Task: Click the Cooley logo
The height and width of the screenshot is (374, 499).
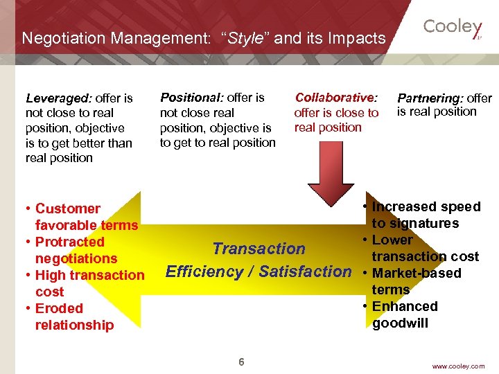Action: pos(453,28)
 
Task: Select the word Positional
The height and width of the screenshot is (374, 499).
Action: pos(189,98)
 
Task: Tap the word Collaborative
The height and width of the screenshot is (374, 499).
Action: pos(335,98)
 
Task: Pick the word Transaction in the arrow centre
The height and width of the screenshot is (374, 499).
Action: pos(259,249)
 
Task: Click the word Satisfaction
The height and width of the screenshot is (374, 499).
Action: pos(305,271)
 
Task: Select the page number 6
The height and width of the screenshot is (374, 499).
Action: pos(241,362)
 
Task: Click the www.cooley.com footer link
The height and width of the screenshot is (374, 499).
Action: pos(458,366)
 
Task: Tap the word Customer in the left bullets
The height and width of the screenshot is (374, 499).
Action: pos(67,208)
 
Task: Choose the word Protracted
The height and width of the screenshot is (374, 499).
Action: pos(69,242)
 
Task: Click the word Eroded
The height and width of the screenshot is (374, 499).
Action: pos(59,308)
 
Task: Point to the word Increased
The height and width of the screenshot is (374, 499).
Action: pos(405,206)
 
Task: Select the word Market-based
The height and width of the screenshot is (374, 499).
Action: pos(417,273)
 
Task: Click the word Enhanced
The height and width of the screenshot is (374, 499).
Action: pos(405,306)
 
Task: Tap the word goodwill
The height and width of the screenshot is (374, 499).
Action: pos(400,323)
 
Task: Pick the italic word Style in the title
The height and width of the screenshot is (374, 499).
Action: pos(245,38)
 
